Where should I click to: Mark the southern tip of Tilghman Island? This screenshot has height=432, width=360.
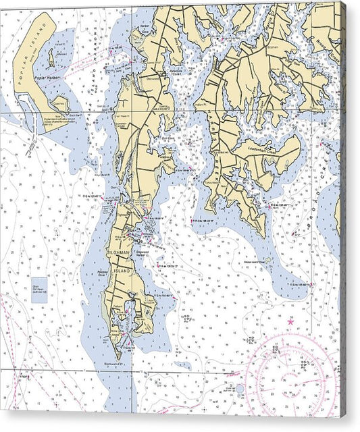118,357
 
